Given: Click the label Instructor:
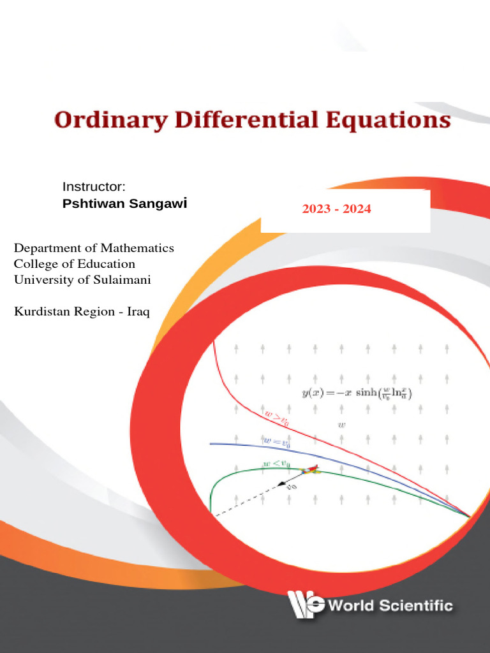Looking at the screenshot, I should tap(94, 186).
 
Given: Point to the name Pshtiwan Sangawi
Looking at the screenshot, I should tap(124, 204).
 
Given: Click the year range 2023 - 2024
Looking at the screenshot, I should tap(336, 209).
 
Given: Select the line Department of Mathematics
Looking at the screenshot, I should tap(94, 247).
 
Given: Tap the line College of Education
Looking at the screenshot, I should tap(75, 263).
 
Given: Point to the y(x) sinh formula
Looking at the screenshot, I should tap(357, 393).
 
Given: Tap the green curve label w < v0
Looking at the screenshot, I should tap(276, 463).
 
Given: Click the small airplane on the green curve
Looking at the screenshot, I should tap(309, 470).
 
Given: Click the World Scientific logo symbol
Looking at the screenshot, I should tap(305, 604).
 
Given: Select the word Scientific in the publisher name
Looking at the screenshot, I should tap(417, 605).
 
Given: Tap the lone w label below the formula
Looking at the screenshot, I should tap(341, 424).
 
